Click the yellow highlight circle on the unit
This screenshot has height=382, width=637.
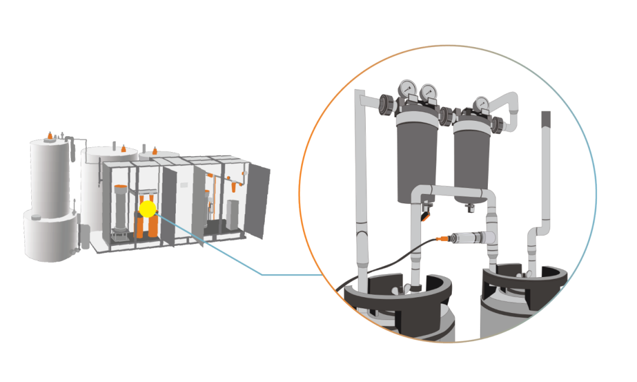147,209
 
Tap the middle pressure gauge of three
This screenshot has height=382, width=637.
428,92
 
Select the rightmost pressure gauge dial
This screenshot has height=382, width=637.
482,104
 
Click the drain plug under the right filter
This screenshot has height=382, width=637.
471,207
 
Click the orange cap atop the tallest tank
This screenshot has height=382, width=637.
50,136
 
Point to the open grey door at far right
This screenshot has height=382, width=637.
260,200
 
